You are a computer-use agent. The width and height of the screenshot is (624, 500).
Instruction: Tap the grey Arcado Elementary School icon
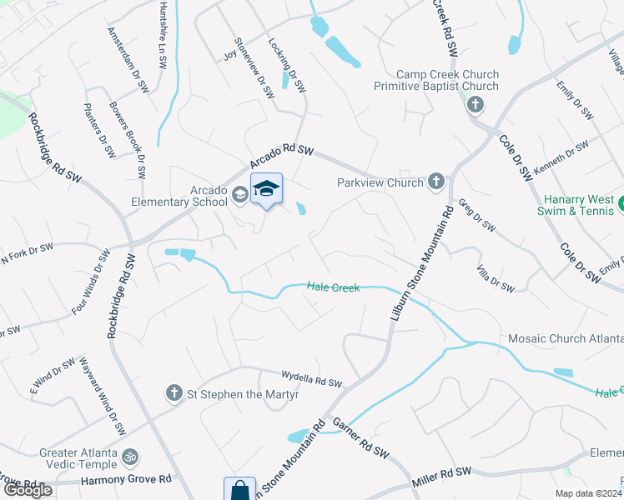tap(239, 195)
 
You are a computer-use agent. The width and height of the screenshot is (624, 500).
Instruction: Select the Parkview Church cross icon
tap(435, 182)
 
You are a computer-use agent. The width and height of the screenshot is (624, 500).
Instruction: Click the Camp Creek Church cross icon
tap(475, 105)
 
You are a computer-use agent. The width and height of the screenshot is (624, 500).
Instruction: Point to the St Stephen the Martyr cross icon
tap(174, 392)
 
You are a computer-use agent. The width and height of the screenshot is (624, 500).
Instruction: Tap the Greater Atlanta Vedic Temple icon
tap(129, 457)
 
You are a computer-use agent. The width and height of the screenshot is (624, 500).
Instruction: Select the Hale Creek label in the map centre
tap(333, 287)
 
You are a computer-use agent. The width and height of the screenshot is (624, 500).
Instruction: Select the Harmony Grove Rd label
tap(126, 480)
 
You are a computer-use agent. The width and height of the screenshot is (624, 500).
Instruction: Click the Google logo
tap(28, 490)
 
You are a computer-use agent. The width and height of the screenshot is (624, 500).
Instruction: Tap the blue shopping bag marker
tap(239, 490)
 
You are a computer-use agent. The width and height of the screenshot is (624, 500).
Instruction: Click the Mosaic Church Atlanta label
tap(566, 339)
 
